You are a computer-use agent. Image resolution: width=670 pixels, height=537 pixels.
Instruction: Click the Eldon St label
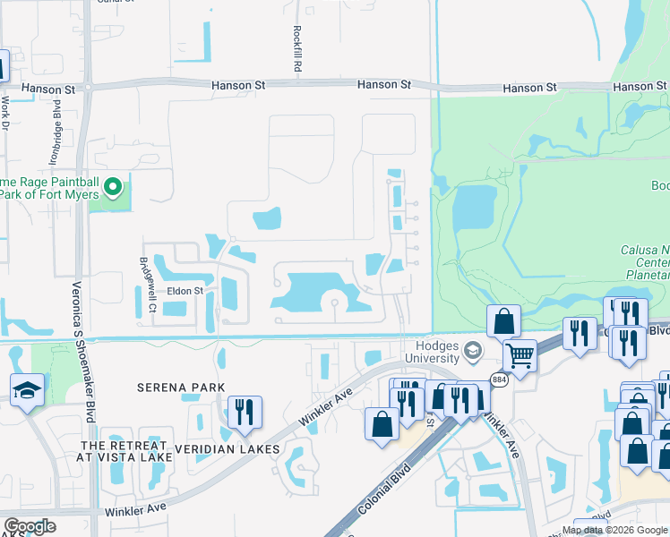[x=187, y=291]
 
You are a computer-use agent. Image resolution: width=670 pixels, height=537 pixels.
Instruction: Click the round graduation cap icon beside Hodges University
[x=474, y=350]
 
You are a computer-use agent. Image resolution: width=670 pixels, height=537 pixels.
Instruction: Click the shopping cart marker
[x=520, y=355]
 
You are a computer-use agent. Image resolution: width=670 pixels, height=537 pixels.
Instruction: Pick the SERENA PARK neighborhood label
[x=181, y=388]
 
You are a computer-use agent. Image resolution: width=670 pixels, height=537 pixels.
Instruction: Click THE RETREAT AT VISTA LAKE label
[x=125, y=451]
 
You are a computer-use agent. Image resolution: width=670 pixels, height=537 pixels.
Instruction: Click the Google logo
[x=29, y=526]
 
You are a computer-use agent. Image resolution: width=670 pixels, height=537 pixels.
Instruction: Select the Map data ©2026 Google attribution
[x=614, y=530]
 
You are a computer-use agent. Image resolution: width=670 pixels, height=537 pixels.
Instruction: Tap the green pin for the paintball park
[x=113, y=187]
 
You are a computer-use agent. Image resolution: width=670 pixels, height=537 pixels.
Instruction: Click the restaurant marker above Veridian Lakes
[x=245, y=411]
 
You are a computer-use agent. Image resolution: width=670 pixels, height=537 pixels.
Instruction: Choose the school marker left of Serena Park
[x=27, y=389]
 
